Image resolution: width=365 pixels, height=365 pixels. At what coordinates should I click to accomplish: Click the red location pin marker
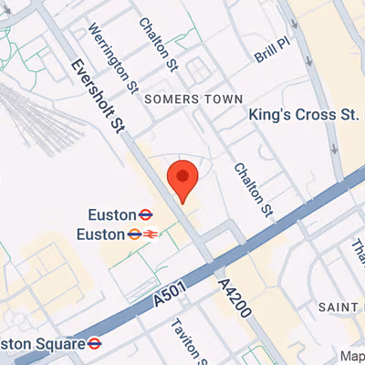[182, 177]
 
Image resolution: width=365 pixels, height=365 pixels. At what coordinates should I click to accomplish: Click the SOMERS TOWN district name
[193, 99]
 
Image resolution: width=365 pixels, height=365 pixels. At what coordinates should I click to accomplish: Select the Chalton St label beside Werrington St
[160, 44]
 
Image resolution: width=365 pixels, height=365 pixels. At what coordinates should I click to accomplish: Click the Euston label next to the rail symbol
[106, 234]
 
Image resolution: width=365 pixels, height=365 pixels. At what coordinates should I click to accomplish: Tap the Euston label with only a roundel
[112, 214]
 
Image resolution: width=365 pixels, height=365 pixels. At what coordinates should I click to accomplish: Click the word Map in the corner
[352, 356]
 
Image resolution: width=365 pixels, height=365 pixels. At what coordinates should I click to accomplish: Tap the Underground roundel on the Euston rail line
[133, 234]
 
